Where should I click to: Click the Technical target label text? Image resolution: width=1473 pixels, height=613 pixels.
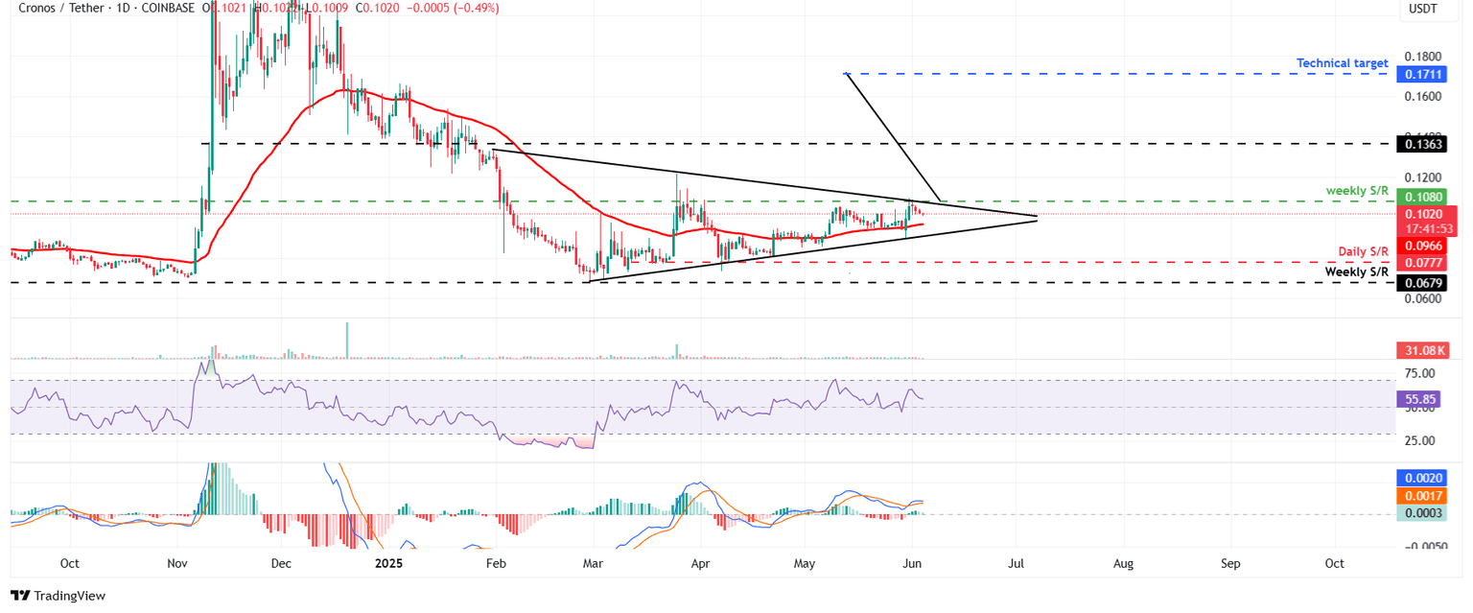point(1342,63)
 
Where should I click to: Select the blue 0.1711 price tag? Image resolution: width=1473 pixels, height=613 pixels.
point(1424,73)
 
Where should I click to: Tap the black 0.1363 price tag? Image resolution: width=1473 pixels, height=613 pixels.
point(1424,144)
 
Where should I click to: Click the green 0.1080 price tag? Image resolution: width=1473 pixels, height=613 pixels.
point(1424,197)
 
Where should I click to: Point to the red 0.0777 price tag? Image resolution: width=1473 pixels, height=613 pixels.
point(1424,263)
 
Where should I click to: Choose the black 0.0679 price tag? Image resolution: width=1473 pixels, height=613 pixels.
point(1424,283)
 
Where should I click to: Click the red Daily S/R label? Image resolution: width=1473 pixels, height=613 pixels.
point(1363,251)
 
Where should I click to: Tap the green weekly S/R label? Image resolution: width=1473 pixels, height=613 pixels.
point(1357,191)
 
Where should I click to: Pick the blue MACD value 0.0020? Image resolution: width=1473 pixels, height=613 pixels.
point(1424,477)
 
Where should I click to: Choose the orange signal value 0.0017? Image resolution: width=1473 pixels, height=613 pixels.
point(1424,496)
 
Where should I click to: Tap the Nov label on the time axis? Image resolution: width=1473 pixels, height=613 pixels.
point(176,563)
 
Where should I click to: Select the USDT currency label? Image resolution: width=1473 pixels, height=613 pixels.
point(1423,10)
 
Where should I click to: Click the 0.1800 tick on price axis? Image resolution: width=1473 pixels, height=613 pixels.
point(1423,57)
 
